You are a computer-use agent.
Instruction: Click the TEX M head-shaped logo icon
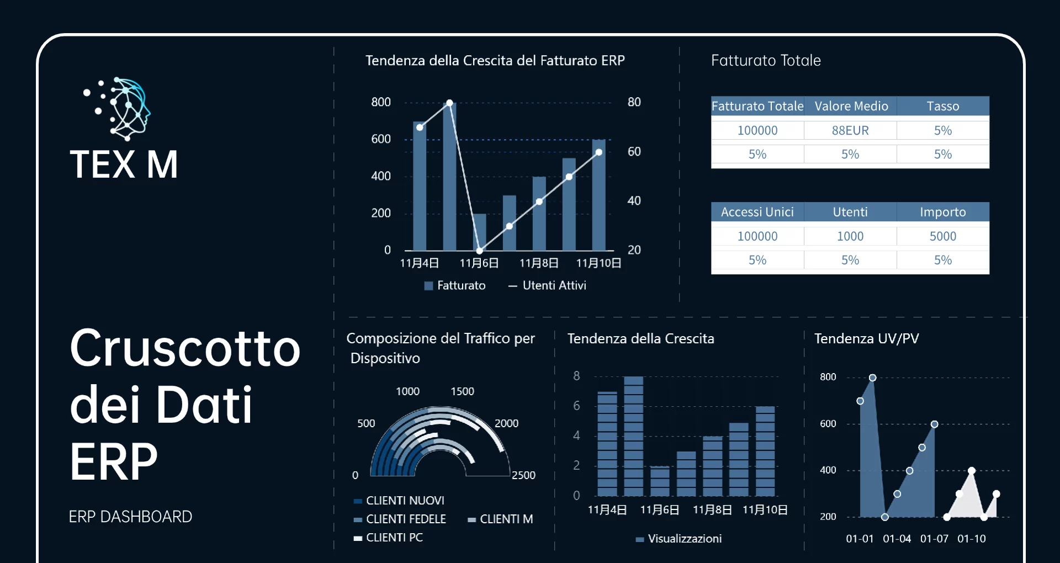(117, 108)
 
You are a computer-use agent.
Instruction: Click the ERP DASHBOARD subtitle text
(130, 517)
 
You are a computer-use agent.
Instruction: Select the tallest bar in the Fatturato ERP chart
(449, 176)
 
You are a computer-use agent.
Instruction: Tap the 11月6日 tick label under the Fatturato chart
(479, 263)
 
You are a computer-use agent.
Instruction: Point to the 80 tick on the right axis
(634, 102)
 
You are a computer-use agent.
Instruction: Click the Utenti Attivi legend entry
(547, 285)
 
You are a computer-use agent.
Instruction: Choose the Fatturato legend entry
(455, 285)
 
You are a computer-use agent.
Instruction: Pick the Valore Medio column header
(851, 106)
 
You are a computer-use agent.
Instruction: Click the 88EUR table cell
(850, 130)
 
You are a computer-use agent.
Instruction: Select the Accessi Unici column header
(757, 212)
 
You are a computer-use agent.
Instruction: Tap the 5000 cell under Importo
(943, 236)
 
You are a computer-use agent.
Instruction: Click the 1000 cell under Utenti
(850, 236)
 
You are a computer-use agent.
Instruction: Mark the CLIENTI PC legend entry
(389, 538)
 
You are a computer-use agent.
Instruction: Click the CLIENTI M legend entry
(500, 519)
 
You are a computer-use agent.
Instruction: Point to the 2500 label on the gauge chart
(523, 475)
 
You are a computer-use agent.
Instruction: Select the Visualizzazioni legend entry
(679, 539)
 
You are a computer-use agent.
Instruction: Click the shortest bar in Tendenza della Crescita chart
(660, 481)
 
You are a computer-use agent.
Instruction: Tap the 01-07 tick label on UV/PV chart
(934, 539)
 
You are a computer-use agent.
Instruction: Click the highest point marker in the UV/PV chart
(872, 378)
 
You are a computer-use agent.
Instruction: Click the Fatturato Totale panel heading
(766, 60)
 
